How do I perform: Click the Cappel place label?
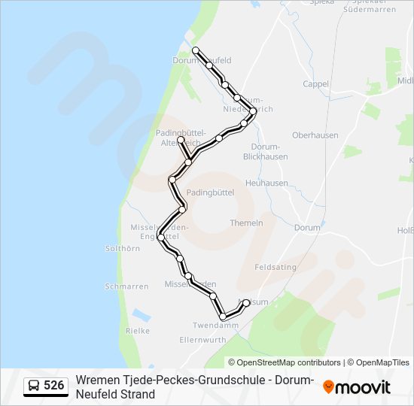pyautogui.click(x=316, y=84)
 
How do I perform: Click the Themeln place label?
pyautogui.click(x=246, y=223)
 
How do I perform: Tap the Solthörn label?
pyautogui.click(x=123, y=248)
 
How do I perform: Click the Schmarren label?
pyautogui.click(x=126, y=286)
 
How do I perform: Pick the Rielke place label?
pyautogui.click(x=138, y=330)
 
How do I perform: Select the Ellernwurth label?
pyautogui.click(x=202, y=340)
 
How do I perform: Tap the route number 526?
pyautogui.click(x=53, y=386)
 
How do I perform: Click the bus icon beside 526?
pyautogui.click(x=34, y=386)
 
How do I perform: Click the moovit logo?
pyautogui.click(x=357, y=387)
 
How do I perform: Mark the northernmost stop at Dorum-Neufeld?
pyautogui.click(x=196, y=50)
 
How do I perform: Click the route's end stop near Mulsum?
pyautogui.click(x=246, y=303)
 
